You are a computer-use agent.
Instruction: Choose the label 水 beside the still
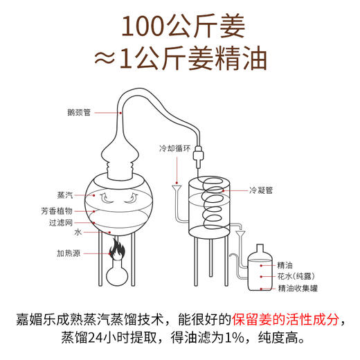click(x=78, y=233)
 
